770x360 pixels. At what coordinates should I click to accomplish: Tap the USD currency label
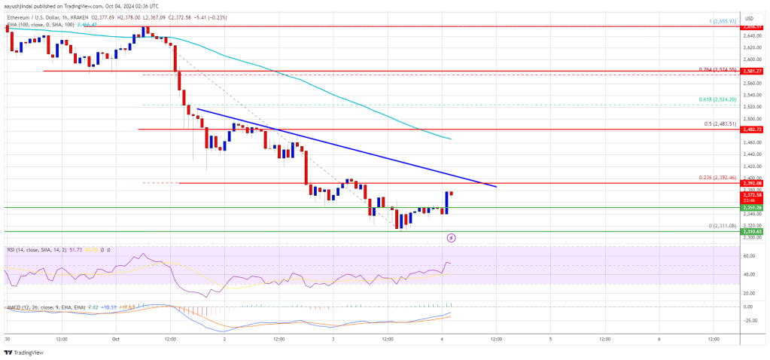749,17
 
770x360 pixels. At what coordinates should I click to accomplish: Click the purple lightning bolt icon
451,237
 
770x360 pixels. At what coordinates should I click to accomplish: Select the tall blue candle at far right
447,202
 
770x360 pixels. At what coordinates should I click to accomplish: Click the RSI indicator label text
30,249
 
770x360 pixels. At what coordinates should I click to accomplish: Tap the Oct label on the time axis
115,339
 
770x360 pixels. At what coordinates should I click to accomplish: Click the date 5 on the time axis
550,339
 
